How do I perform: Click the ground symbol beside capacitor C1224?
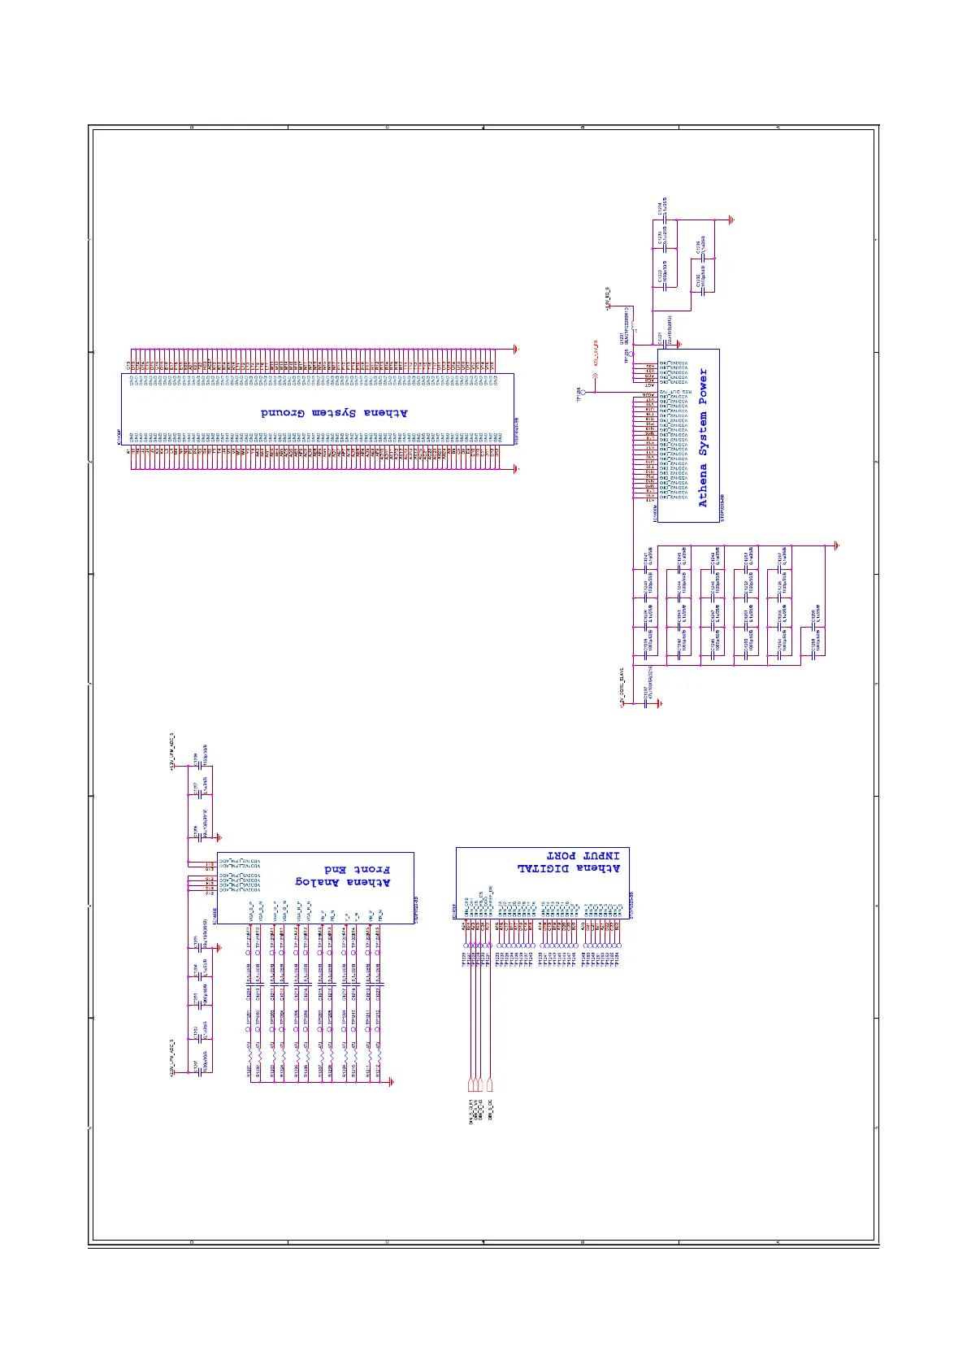731,219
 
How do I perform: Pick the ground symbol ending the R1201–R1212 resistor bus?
392,1081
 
